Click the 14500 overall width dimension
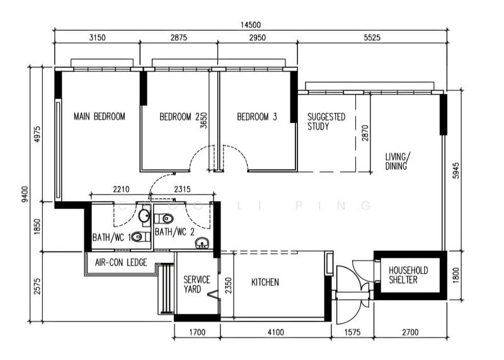tap(249, 25)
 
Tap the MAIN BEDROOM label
tap(99, 116)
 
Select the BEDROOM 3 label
tap(257, 116)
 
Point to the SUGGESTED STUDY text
tap(326, 121)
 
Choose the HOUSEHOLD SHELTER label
tap(408, 275)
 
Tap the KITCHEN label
tap(265, 282)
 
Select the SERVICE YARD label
tap(197, 284)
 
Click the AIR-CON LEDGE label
tap(121, 262)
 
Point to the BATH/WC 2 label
tap(173, 232)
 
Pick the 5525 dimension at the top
tap(372, 38)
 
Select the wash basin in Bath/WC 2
tap(202, 242)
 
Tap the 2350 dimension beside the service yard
tap(228, 286)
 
